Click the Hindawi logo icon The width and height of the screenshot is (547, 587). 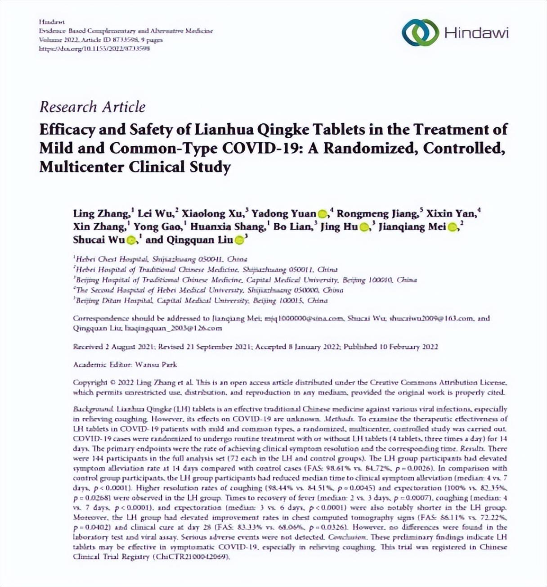click(420, 32)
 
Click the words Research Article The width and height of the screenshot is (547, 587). click(92, 107)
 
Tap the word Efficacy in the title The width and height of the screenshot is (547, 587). click(67, 130)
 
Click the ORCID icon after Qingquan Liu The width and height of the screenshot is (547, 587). click(240, 240)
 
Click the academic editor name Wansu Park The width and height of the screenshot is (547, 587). click(156, 365)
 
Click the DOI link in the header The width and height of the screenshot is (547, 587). click(94, 49)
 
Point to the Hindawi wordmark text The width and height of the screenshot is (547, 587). click(476, 33)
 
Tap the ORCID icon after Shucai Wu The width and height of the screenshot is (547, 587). click(131, 240)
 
